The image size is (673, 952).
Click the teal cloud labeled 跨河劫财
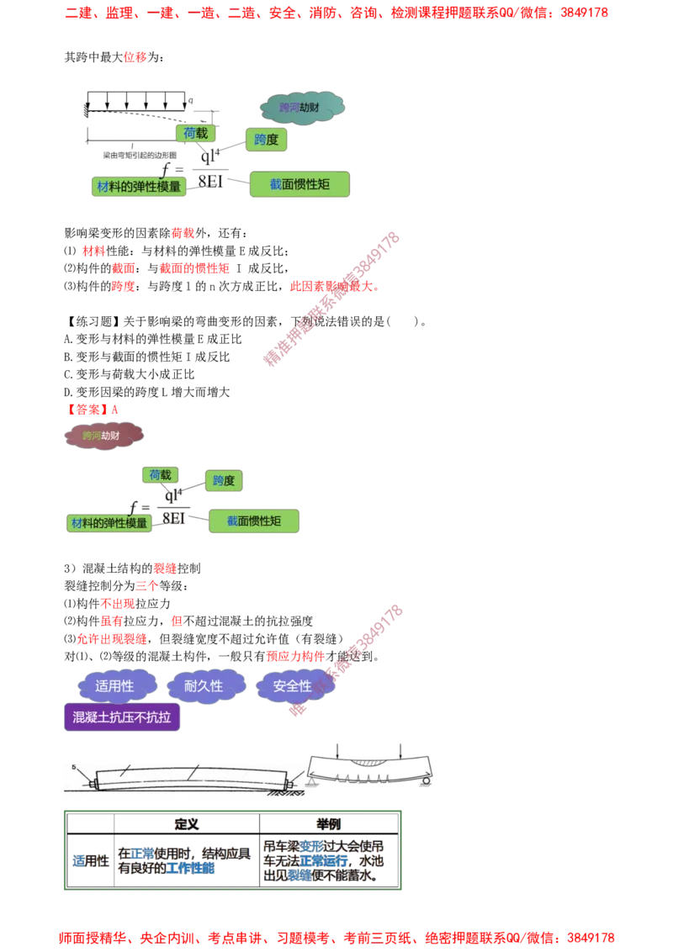(302, 107)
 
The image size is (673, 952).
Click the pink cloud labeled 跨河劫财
(105, 436)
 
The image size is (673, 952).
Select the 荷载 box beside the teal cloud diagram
(195, 133)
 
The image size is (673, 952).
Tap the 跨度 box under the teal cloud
(266, 140)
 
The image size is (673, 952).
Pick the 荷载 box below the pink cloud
(160, 475)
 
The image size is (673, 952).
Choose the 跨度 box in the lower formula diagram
(224, 481)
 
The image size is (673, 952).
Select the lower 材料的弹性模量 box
(109, 522)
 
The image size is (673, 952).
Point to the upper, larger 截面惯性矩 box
(299, 184)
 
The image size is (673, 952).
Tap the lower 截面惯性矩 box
(254, 521)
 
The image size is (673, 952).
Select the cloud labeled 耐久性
(204, 686)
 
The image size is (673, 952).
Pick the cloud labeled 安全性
(293, 686)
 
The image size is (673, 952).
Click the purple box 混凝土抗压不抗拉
(122, 717)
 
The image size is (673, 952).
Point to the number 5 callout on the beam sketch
(73, 769)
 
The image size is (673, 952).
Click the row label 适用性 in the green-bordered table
(87, 861)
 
